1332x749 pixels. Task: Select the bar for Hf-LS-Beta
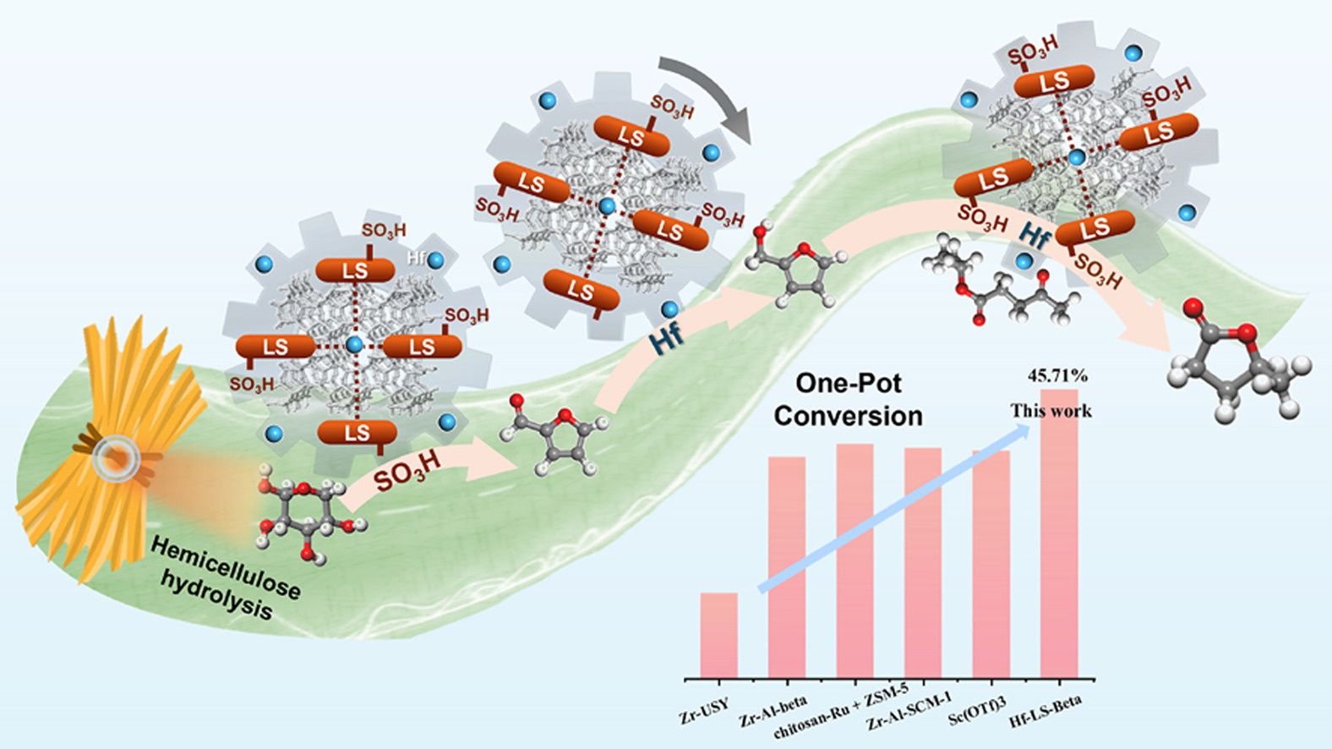pyautogui.click(x=1059, y=533)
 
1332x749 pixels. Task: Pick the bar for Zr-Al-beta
pyautogui.click(x=786, y=566)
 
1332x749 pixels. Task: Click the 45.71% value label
pyautogui.click(x=1057, y=375)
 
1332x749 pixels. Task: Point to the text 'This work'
pyautogui.click(x=1051, y=411)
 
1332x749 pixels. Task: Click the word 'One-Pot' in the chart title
pyautogui.click(x=849, y=383)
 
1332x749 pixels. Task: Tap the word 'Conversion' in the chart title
pyautogui.click(x=848, y=416)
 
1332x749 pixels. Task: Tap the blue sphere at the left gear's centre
pyautogui.click(x=354, y=344)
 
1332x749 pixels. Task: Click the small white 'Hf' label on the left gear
pyautogui.click(x=416, y=257)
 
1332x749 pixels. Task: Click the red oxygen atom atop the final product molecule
pyautogui.click(x=1193, y=309)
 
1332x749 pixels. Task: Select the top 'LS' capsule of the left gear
pyautogui.click(x=355, y=271)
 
